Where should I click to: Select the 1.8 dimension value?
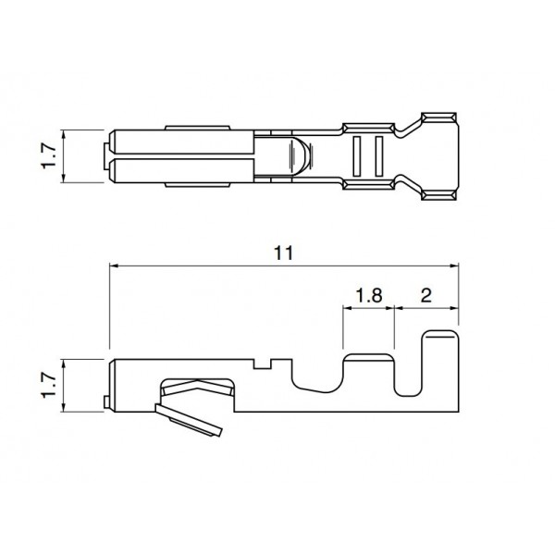[x=369, y=296]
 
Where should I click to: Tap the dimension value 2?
[x=425, y=296]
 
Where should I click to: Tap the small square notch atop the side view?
[x=266, y=364]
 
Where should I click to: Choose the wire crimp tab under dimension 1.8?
[x=368, y=370]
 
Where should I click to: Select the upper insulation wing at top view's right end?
[x=438, y=118]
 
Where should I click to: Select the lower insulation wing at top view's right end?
[x=438, y=192]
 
